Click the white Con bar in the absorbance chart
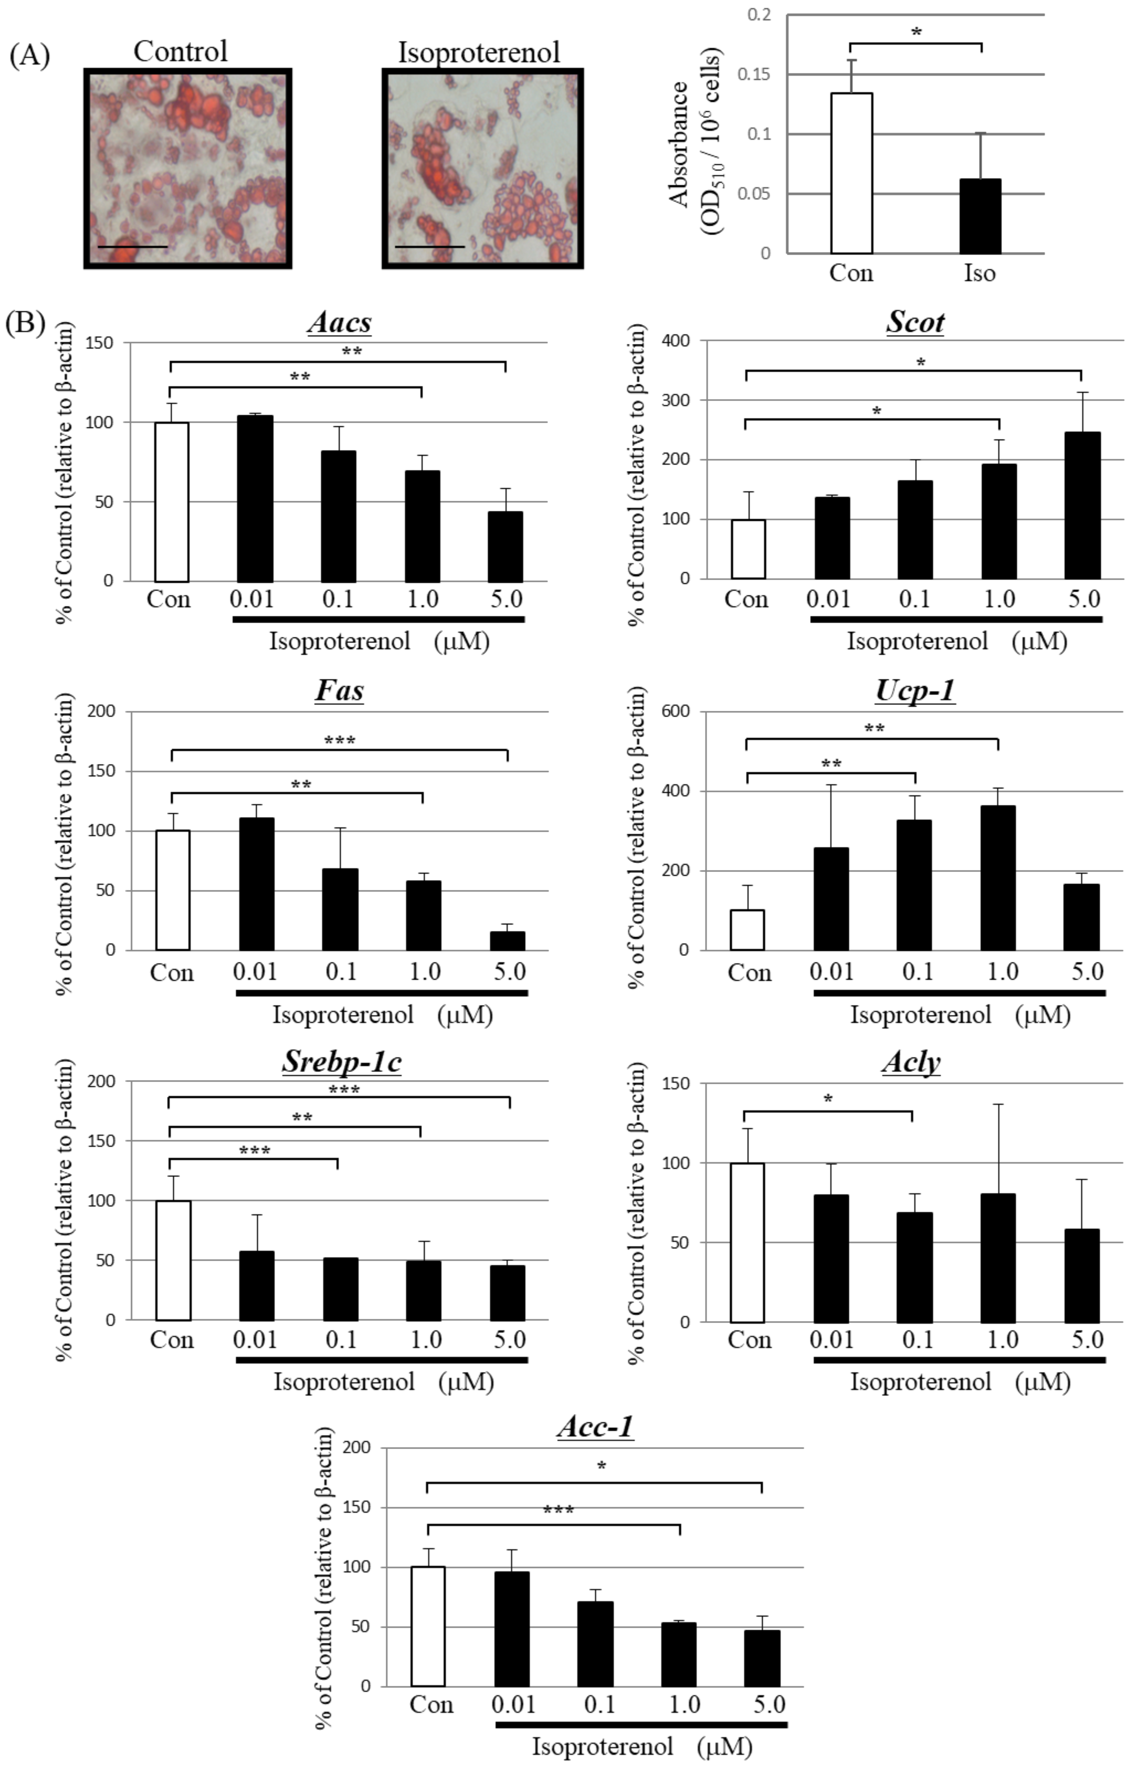[x=851, y=173]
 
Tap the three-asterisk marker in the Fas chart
[x=340, y=741]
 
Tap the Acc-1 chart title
[x=595, y=1426]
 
